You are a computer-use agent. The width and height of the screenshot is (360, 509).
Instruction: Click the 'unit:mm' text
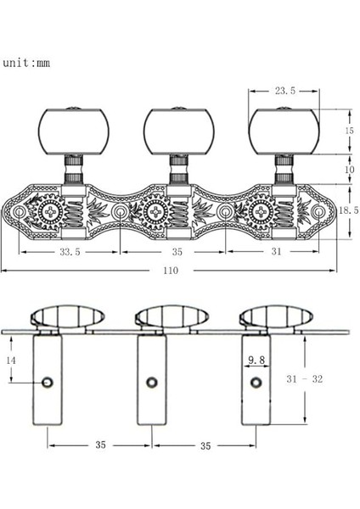26,63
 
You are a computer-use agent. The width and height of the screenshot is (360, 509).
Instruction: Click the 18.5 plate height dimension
340,208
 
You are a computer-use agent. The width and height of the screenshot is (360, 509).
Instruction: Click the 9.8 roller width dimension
256,361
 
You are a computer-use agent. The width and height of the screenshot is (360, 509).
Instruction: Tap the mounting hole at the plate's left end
17,210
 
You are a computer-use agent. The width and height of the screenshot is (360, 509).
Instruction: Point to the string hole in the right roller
253,383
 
